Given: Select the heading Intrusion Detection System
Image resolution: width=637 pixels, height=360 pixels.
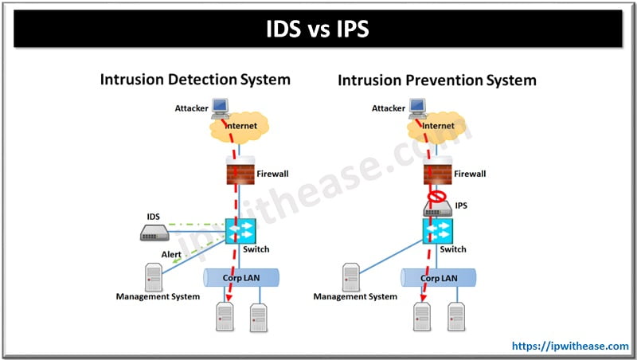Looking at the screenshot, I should click(194, 80).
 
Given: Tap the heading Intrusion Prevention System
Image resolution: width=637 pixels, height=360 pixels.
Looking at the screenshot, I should click(437, 80).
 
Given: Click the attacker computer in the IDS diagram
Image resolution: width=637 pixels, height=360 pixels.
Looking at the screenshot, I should click(220, 107).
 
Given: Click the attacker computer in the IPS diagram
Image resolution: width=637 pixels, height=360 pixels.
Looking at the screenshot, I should click(417, 107).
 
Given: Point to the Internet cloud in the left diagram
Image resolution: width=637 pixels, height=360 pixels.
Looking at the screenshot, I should click(240, 127).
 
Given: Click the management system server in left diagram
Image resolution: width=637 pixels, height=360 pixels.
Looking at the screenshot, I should click(154, 276).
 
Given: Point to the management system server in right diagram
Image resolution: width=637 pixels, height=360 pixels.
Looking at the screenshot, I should click(351, 276).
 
